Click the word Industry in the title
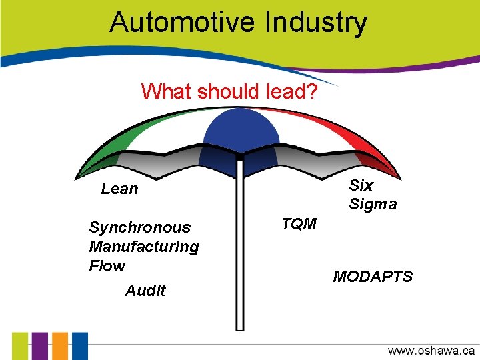click(316, 22)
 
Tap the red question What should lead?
click(229, 91)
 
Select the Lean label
click(120, 189)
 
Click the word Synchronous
click(139, 227)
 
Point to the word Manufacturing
click(143, 247)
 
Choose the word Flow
click(107, 266)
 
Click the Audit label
click(145, 291)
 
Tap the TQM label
click(299, 224)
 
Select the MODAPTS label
click(373, 276)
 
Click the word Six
click(361, 185)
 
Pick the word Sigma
click(373, 204)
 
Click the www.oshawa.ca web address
click(431, 350)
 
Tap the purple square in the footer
click(41, 346)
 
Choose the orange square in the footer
click(60, 346)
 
